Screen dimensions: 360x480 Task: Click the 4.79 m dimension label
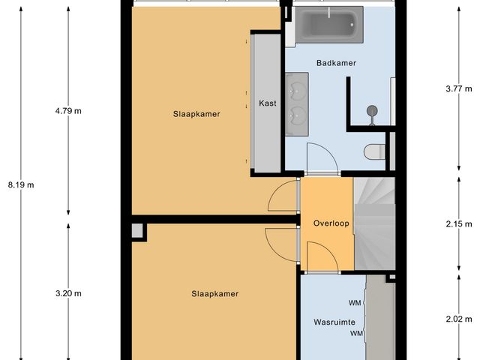(68, 111)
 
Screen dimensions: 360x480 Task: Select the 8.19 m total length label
(20, 184)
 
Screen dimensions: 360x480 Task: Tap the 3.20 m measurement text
(68, 293)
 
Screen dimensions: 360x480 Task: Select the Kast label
(266, 103)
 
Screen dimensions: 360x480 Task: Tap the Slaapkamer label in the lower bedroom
(214, 293)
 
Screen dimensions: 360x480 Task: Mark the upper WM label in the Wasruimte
(355, 304)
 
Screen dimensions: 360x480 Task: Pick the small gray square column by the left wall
(136, 231)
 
